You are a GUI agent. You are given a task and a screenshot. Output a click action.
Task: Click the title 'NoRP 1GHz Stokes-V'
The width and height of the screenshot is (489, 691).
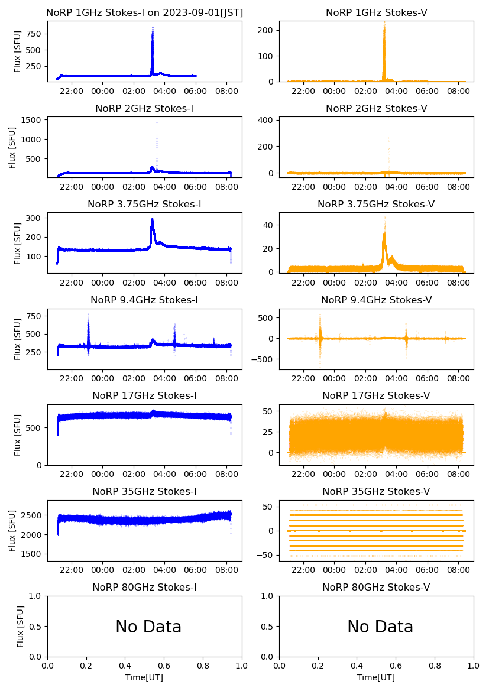(376, 12)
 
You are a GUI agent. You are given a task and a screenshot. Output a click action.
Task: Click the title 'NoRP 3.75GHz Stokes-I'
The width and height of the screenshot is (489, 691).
(144, 204)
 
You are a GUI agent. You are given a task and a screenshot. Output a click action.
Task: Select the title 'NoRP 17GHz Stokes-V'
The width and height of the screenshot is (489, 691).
(376, 395)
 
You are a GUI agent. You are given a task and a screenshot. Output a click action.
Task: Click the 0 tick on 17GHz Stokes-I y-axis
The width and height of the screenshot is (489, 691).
(39, 465)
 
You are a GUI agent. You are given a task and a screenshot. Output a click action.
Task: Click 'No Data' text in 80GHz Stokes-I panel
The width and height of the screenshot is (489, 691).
(148, 627)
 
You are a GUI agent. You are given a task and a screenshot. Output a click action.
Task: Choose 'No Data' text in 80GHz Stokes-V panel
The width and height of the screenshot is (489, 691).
(380, 627)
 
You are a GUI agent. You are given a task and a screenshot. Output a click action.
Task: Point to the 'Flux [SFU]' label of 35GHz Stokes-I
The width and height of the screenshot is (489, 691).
(14, 530)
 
